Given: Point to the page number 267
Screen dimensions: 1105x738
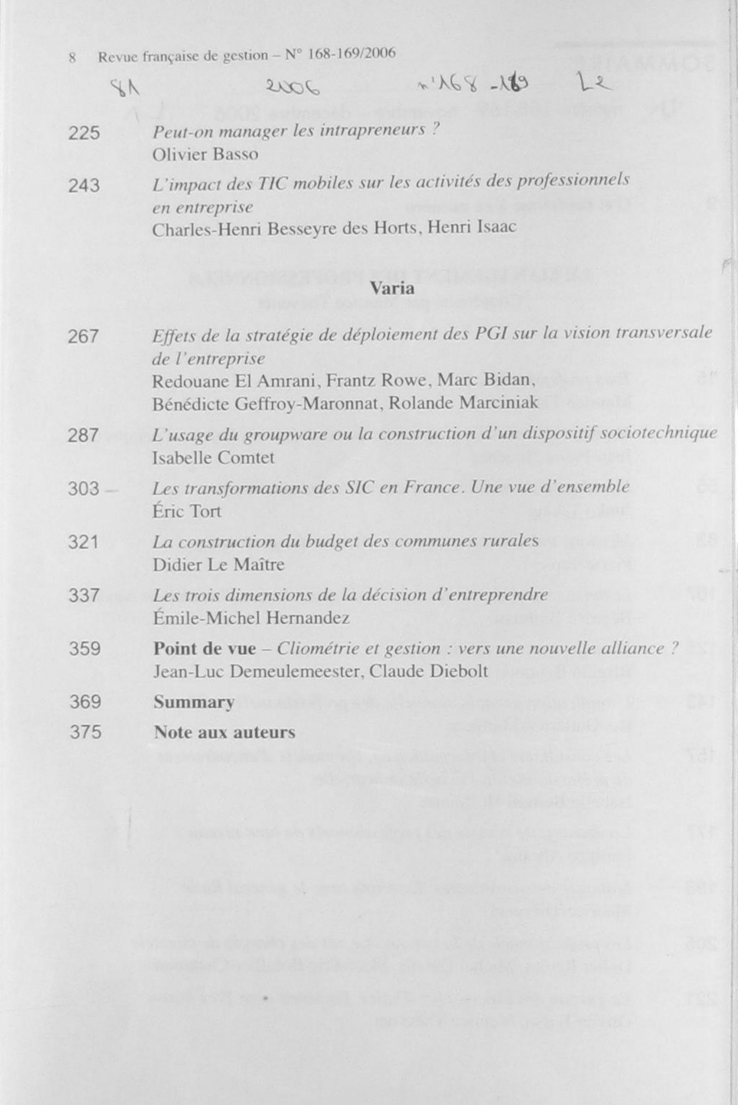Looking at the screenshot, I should (83, 337).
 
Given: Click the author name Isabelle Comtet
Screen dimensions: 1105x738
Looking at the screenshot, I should (213, 458).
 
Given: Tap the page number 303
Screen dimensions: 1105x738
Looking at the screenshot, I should (84, 489).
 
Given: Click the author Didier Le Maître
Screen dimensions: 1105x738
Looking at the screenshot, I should (219, 564).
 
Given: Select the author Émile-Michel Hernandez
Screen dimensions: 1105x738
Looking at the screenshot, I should (251, 618).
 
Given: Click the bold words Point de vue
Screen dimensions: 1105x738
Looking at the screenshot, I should (205, 649).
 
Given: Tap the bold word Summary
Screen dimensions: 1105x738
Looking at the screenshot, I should (194, 702).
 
